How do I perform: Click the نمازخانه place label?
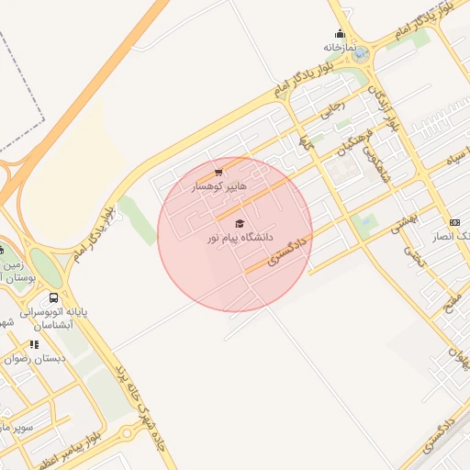point(339,47)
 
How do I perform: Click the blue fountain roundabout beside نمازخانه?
point(360,54)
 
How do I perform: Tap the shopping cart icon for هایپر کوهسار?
point(218,172)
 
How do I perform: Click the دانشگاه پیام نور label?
point(240,238)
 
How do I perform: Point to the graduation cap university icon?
point(240,224)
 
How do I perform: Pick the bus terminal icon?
point(54,298)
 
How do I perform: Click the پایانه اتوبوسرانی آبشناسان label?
point(56,318)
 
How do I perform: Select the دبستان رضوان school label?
point(35,359)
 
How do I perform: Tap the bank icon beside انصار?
point(455,223)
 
